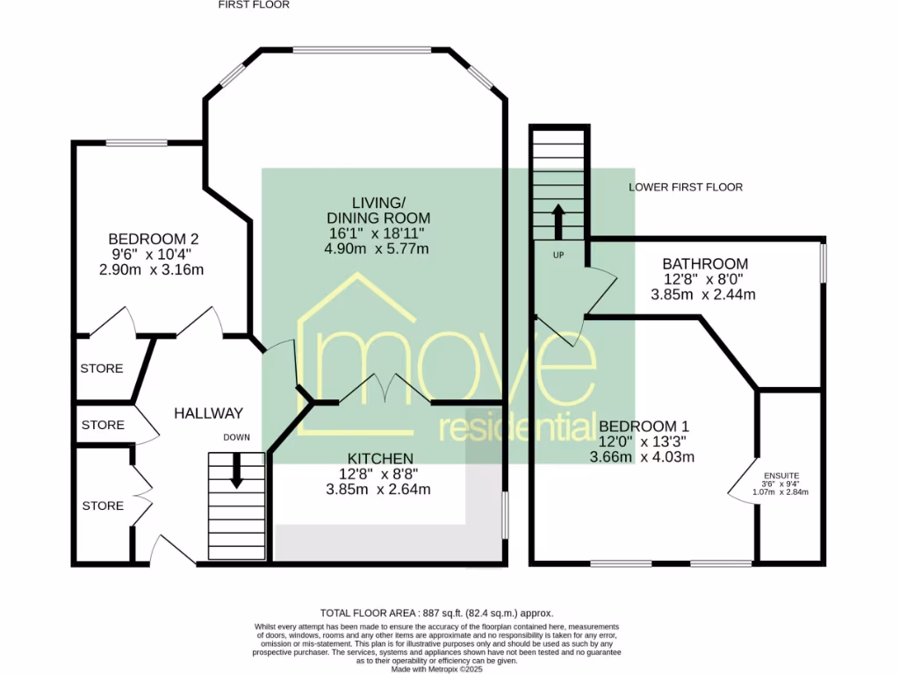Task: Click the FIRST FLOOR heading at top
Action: pyautogui.click(x=254, y=4)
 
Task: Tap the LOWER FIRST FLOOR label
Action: pyautogui.click(x=686, y=187)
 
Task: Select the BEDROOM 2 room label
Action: pyautogui.click(x=154, y=239)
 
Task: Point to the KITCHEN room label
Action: pyautogui.click(x=380, y=458)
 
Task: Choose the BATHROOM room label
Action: pyautogui.click(x=705, y=263)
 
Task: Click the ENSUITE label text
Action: pyautogui.click(x=780, y=476)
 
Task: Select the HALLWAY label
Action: pyautogui.click(x=207, y=413)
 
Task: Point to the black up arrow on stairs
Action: pyautogui.click(x=557, y=222)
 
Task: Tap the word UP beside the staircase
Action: pyautogui.click(x=558, y=255)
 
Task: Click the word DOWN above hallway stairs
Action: pyautogui.click(x=236, y=437)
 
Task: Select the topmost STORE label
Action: pyautogui.click(x=102, y=369)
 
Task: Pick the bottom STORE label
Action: pyautogui.click(x=102, y=505)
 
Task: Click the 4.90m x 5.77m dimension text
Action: pyautogui.click(x=377, y=249)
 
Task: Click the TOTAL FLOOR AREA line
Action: pyautogui.click(x=436, y=613)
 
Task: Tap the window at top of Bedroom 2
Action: pyautogui.click(x=136, y=142)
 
